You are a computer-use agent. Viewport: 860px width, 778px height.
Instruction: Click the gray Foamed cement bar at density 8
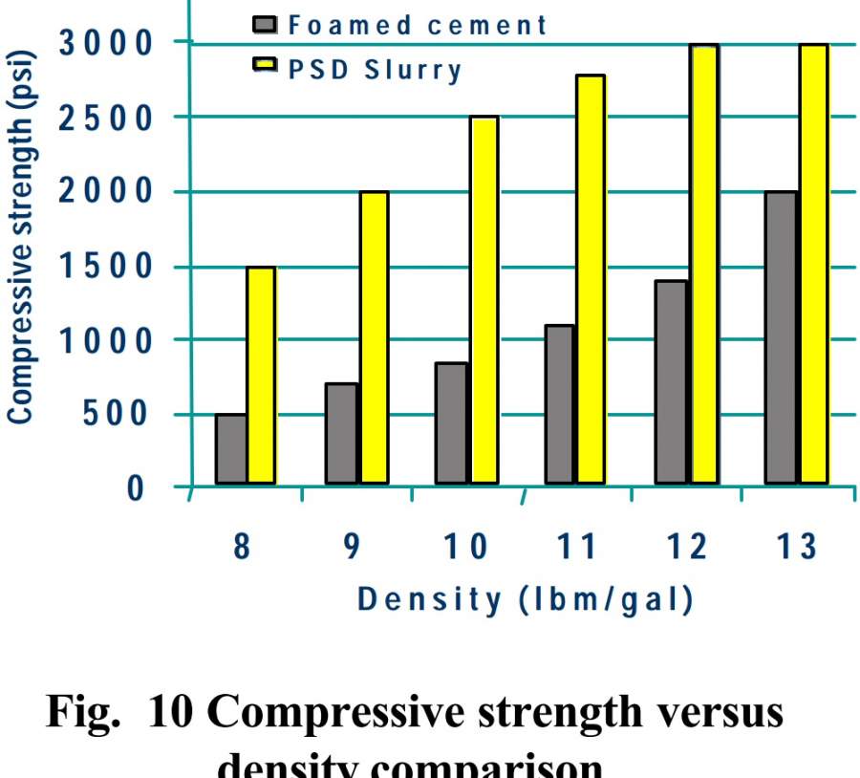[x=231, y=448]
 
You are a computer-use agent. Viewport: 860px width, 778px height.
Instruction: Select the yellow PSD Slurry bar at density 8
[x=261, y=375]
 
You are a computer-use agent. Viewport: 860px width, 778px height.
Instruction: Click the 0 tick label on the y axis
[x=136, y=487]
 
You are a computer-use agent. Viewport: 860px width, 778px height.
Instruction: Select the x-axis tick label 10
[x=466, y=549]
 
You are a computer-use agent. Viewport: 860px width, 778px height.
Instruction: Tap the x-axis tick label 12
[x=687, y=549]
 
